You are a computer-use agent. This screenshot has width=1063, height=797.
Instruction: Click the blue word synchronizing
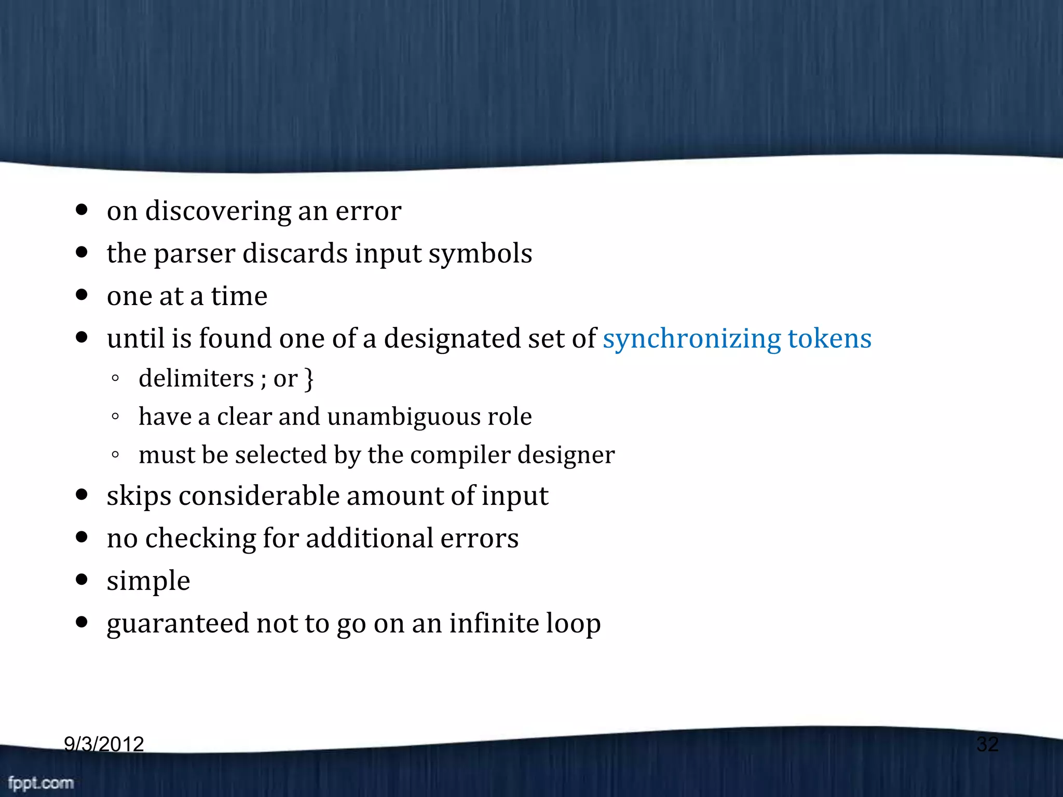[x=691, y=339]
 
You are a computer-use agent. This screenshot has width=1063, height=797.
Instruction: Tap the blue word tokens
[x=829, y=338]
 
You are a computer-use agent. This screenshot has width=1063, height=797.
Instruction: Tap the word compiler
[x=460, y=456]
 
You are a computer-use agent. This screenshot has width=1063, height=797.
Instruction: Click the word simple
[x=148, y=581]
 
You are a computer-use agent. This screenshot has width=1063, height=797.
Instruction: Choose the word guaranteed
[x=178, y=624]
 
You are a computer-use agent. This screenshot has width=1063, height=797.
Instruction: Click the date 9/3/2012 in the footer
[x=104, y=744]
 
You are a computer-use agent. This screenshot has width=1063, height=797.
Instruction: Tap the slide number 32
[x=987, y=744]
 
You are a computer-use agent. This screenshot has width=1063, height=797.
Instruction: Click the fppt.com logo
[x=41, y=782]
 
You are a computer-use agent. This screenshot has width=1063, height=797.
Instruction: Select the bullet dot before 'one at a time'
[x=81, y=295]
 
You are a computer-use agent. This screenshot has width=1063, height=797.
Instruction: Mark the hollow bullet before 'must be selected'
[x=115, y=455]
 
